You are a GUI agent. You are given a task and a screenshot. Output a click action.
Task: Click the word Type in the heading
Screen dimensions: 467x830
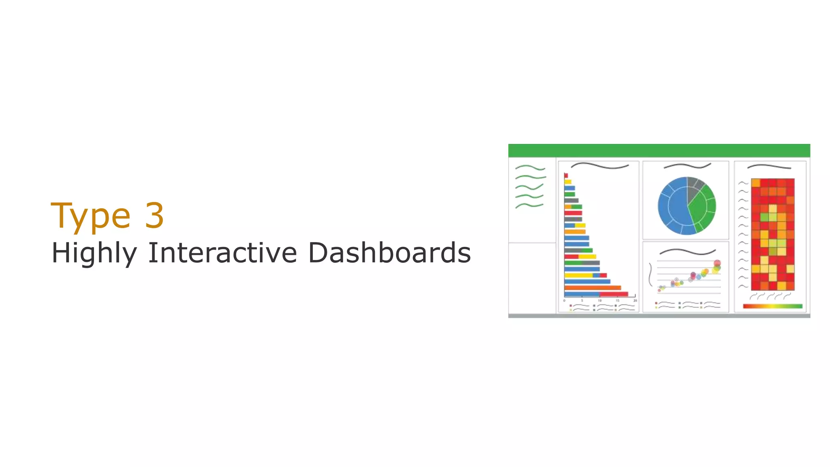pos(90,216)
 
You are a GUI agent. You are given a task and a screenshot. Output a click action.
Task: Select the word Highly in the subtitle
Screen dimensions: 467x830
pos(94,253)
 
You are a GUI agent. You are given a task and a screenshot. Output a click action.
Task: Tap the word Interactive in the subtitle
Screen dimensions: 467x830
pos(222,253)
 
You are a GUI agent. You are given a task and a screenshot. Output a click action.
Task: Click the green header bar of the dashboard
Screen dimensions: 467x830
pos(659,150)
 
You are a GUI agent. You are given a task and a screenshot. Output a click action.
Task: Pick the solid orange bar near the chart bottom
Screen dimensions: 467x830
pos(592,288)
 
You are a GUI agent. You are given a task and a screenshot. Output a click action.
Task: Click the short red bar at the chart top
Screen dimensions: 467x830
pos(566,176)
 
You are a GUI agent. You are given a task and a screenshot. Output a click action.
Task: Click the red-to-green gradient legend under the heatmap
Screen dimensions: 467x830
pos(772,306)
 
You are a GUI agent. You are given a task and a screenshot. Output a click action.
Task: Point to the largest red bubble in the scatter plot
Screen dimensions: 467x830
pos(717,263)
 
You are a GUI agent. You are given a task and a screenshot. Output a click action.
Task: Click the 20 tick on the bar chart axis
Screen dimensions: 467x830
pos(635,300)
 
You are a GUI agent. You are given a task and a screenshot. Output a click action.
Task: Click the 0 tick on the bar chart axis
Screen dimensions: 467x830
pos(564,300)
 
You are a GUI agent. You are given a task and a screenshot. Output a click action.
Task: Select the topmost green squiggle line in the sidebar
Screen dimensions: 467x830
pos(530,167)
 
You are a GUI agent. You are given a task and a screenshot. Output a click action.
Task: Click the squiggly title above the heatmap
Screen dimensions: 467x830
pos(769,167)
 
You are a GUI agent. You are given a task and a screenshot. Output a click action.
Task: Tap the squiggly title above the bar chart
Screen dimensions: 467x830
pos(599,166)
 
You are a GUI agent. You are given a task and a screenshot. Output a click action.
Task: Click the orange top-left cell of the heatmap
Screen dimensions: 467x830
pos(755,183)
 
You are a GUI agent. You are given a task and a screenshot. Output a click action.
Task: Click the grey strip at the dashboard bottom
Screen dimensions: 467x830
pos(659,315)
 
